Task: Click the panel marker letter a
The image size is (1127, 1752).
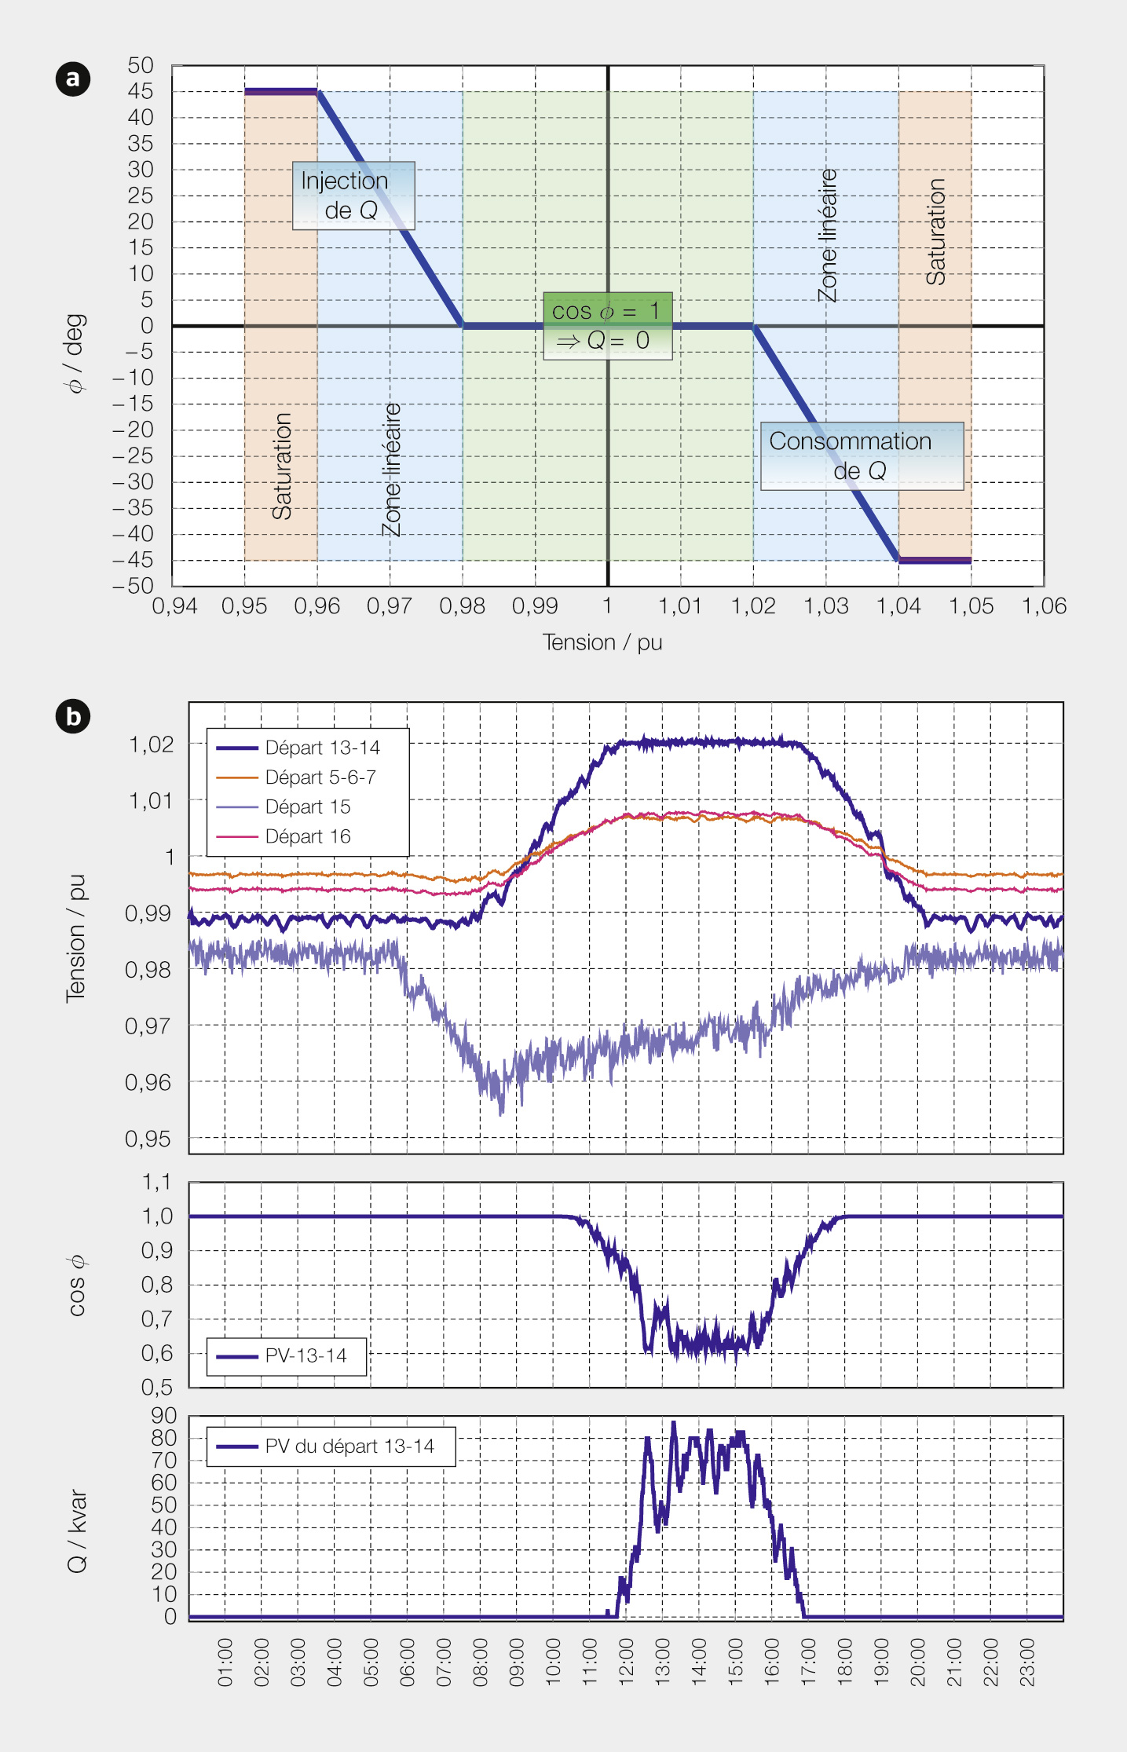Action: [x=73, y=79]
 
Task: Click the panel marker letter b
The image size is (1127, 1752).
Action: [x=73, y=716]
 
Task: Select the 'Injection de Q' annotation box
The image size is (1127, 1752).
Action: [x=353, y=196]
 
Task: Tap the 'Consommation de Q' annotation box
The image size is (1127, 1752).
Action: [x=862, y=455]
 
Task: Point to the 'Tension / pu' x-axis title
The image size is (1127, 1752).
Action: [x=602, y=642]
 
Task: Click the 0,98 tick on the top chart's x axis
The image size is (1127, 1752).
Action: [x=462, y=606]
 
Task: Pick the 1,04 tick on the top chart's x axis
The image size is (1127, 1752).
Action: [x=898, y=606]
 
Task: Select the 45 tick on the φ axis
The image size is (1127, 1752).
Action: [x=141, y=91]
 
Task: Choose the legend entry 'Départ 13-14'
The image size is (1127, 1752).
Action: [x=322, y=748]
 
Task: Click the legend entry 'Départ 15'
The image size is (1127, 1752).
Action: [x=307, y=807]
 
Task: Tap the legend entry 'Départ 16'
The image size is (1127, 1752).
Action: [x=307, y=837]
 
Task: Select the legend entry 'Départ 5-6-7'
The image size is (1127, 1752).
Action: [x=320, y=777]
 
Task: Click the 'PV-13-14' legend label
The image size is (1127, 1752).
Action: [x=306, y=1355]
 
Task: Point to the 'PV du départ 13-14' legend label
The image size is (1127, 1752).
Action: [x=349, y=1447]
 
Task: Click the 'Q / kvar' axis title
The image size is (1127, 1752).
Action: [x=77, y=1531]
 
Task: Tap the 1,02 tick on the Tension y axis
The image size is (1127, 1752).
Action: [x=151, y=744]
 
